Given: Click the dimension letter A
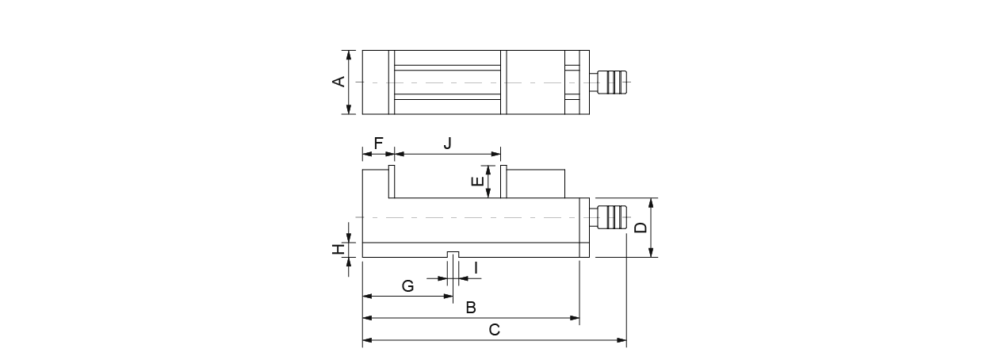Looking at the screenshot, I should [x=339, y=82].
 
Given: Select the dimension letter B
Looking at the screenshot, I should [x=470, y=307].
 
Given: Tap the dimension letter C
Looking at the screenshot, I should [x=494, y=331].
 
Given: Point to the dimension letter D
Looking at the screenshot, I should [x=641, y=228].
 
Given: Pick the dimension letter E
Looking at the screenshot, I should [x=476, y=182].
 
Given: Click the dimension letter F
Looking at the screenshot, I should [x=379, y=143].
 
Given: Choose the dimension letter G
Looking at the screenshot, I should [x=407, y=286].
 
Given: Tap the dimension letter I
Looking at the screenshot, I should [x=476, y=268].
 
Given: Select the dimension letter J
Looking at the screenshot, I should [x=447, y=143].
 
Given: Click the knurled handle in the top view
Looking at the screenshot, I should [x=611, y=82].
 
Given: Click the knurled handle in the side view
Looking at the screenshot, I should [x=611, y=216].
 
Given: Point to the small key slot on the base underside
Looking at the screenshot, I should [x=453, y=255].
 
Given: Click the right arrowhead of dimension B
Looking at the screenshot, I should [x=576, y=318].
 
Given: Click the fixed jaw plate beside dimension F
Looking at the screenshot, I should [x=392, y=182].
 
